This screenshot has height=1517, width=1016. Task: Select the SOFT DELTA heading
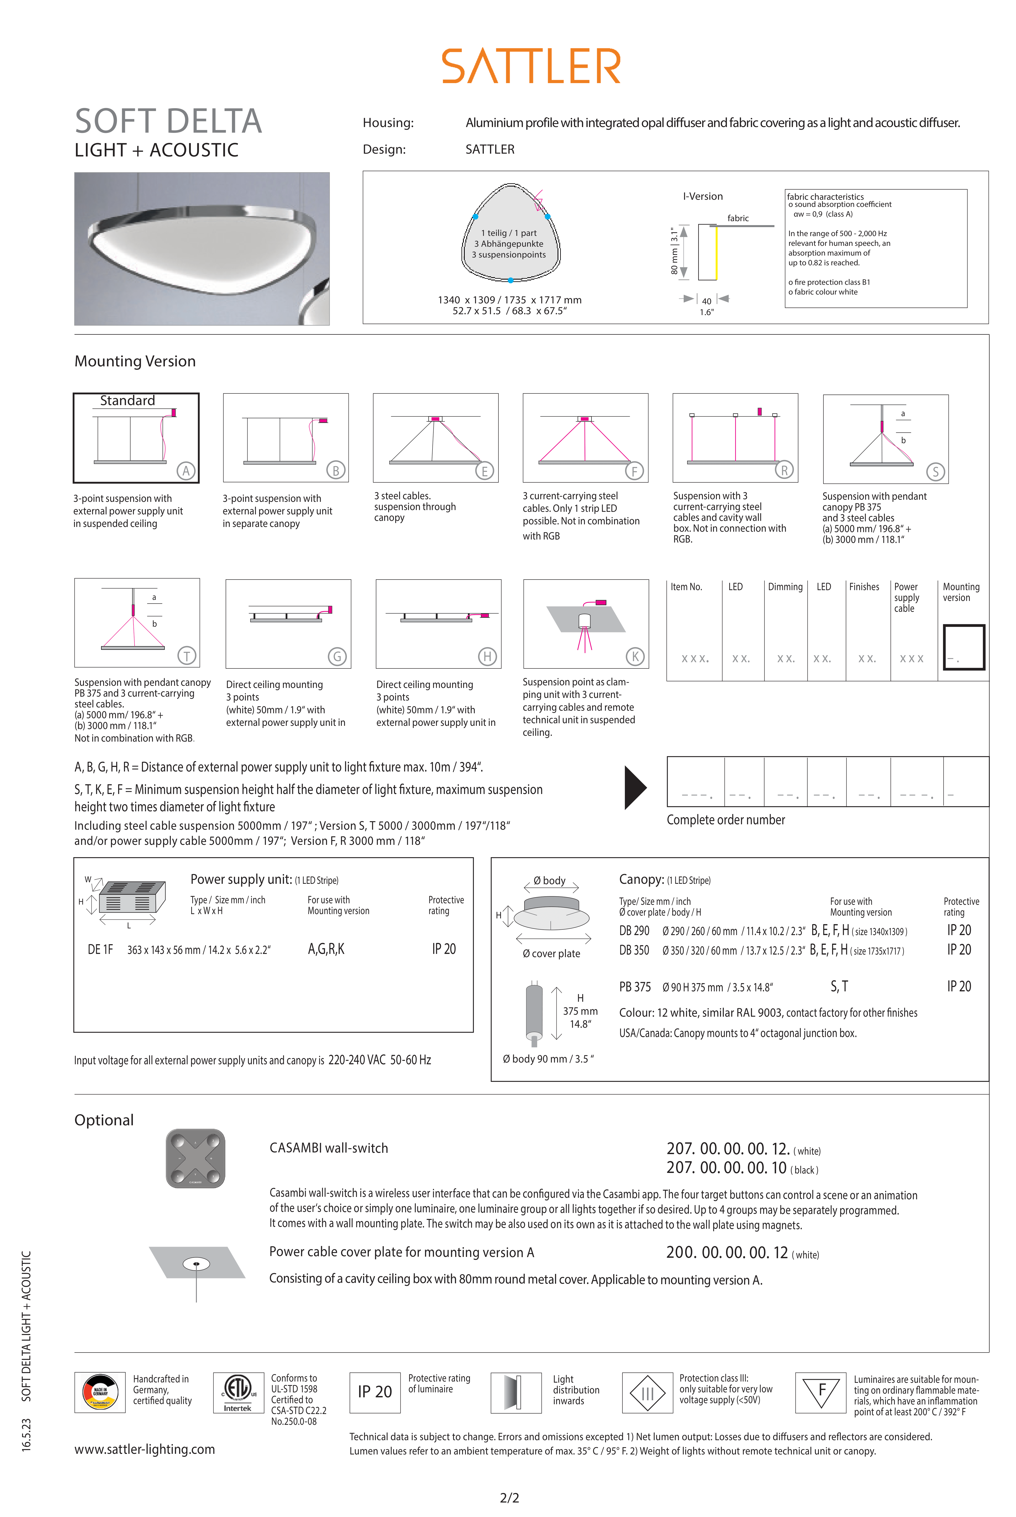[169, 121]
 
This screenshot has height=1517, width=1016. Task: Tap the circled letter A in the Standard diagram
[186, 471]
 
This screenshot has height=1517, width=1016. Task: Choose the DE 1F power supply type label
[100, 949]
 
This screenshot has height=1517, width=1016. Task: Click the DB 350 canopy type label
[634, 950]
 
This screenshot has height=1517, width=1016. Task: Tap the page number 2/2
[509, 1498]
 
